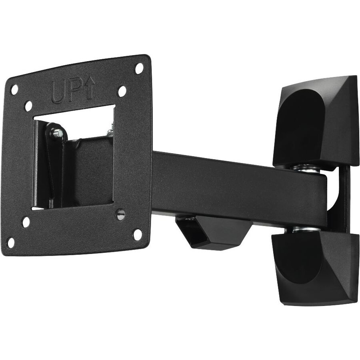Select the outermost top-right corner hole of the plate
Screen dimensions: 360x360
[139, 68]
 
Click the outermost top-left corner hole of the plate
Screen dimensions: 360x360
[14, 90]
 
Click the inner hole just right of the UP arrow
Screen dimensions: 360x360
[122, 91]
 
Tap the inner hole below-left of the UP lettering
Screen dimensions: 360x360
[29, 106]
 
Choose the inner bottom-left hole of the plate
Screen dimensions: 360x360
[26, 222]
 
